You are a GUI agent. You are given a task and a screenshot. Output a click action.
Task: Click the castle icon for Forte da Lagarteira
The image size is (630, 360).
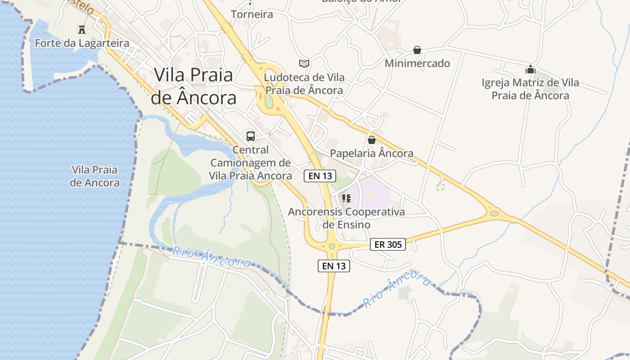[x=82, y=30]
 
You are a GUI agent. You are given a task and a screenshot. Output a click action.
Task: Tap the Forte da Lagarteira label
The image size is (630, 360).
[x=82, y=43]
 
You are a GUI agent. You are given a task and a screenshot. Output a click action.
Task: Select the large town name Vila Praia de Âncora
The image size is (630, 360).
[x=193, y=86]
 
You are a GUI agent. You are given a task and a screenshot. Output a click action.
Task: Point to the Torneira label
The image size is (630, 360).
[x=252, y=14]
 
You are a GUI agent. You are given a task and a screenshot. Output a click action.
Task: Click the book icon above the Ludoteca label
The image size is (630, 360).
[x=304, y=63]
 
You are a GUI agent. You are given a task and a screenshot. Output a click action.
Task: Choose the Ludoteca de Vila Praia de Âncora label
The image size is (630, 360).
[x=304, y=84]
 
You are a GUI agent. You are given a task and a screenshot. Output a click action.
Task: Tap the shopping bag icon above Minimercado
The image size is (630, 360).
[x=417, y=50]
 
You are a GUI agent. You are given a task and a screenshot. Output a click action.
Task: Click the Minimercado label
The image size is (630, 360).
[x=417, y=63]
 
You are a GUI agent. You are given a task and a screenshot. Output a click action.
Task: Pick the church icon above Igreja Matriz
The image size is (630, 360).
[x=530, y=69]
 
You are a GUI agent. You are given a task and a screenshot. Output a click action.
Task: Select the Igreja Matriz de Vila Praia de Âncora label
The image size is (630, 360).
[x=530, y=89]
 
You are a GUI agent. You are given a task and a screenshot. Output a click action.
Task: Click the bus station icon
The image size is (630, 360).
[x=251, y=136]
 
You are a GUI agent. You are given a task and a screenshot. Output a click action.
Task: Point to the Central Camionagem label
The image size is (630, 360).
[x=251, y=162]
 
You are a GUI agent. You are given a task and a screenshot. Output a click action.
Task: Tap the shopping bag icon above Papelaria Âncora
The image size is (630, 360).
[x=371, y=140]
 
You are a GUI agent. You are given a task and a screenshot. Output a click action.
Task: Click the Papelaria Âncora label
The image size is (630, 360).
[x=372, y=153]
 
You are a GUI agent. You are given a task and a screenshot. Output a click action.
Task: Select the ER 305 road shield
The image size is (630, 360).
[x=388, y=244]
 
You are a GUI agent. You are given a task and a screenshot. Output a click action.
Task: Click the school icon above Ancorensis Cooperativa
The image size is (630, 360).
[x=346, y=198]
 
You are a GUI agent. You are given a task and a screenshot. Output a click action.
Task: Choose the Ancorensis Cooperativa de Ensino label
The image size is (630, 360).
[x=346, y=218]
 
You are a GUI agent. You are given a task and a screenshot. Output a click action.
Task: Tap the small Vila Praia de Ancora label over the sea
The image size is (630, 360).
[x=95, y=176]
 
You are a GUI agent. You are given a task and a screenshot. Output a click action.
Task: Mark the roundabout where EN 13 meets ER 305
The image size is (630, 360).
[x=332, y=246]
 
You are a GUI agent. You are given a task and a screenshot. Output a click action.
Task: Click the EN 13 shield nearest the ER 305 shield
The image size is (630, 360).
[x=333, y=266]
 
